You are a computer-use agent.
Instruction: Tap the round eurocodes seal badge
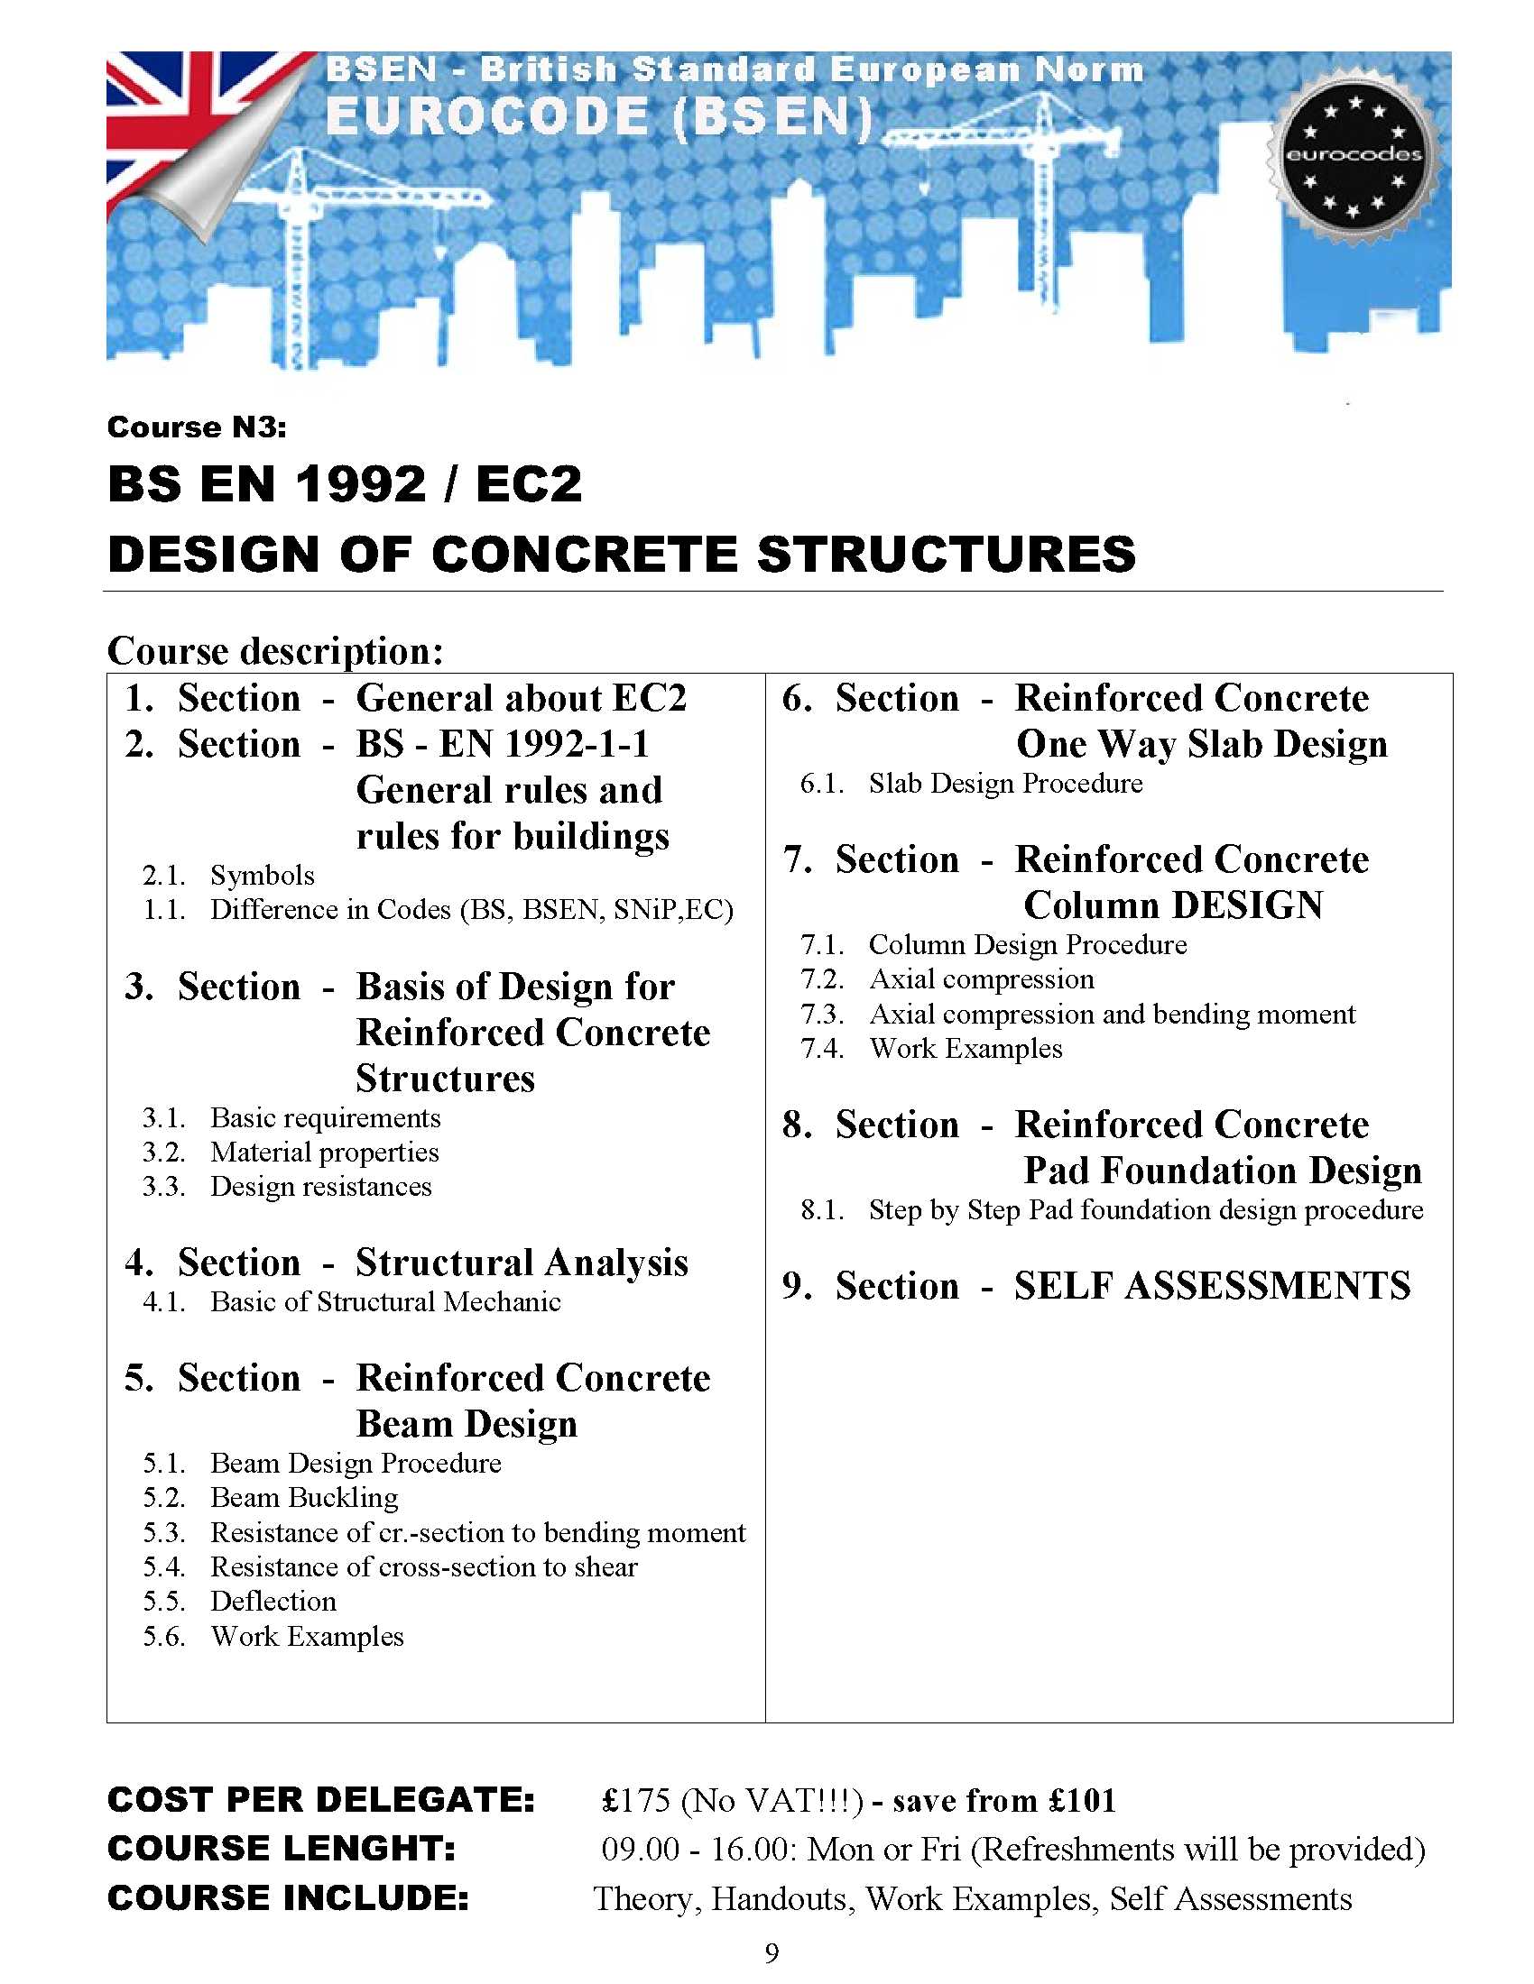[1354, 155]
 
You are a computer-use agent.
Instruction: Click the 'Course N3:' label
[197, 427]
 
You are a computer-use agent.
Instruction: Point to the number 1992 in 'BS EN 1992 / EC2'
[361, 483]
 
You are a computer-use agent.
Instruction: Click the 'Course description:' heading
[275, 650]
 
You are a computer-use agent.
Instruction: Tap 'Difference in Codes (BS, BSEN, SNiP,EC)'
[471, 909]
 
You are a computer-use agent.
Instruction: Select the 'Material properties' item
[325, 1152]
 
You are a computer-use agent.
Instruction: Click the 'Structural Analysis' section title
[522, 1262]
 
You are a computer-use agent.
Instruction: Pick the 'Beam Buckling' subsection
[303, 1497]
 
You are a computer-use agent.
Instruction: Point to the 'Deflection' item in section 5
[273, 1601]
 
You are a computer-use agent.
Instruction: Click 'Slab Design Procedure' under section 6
[1005, 783]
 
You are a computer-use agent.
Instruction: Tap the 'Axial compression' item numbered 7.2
[982, 979]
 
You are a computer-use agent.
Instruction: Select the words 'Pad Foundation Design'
[1223, 1170]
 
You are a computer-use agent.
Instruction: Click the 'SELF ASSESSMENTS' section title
[1212, 1285]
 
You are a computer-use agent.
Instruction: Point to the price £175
[636, 1801]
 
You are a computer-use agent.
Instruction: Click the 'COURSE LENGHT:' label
[282, 1849]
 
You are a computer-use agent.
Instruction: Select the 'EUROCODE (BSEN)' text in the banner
[599, 118]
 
